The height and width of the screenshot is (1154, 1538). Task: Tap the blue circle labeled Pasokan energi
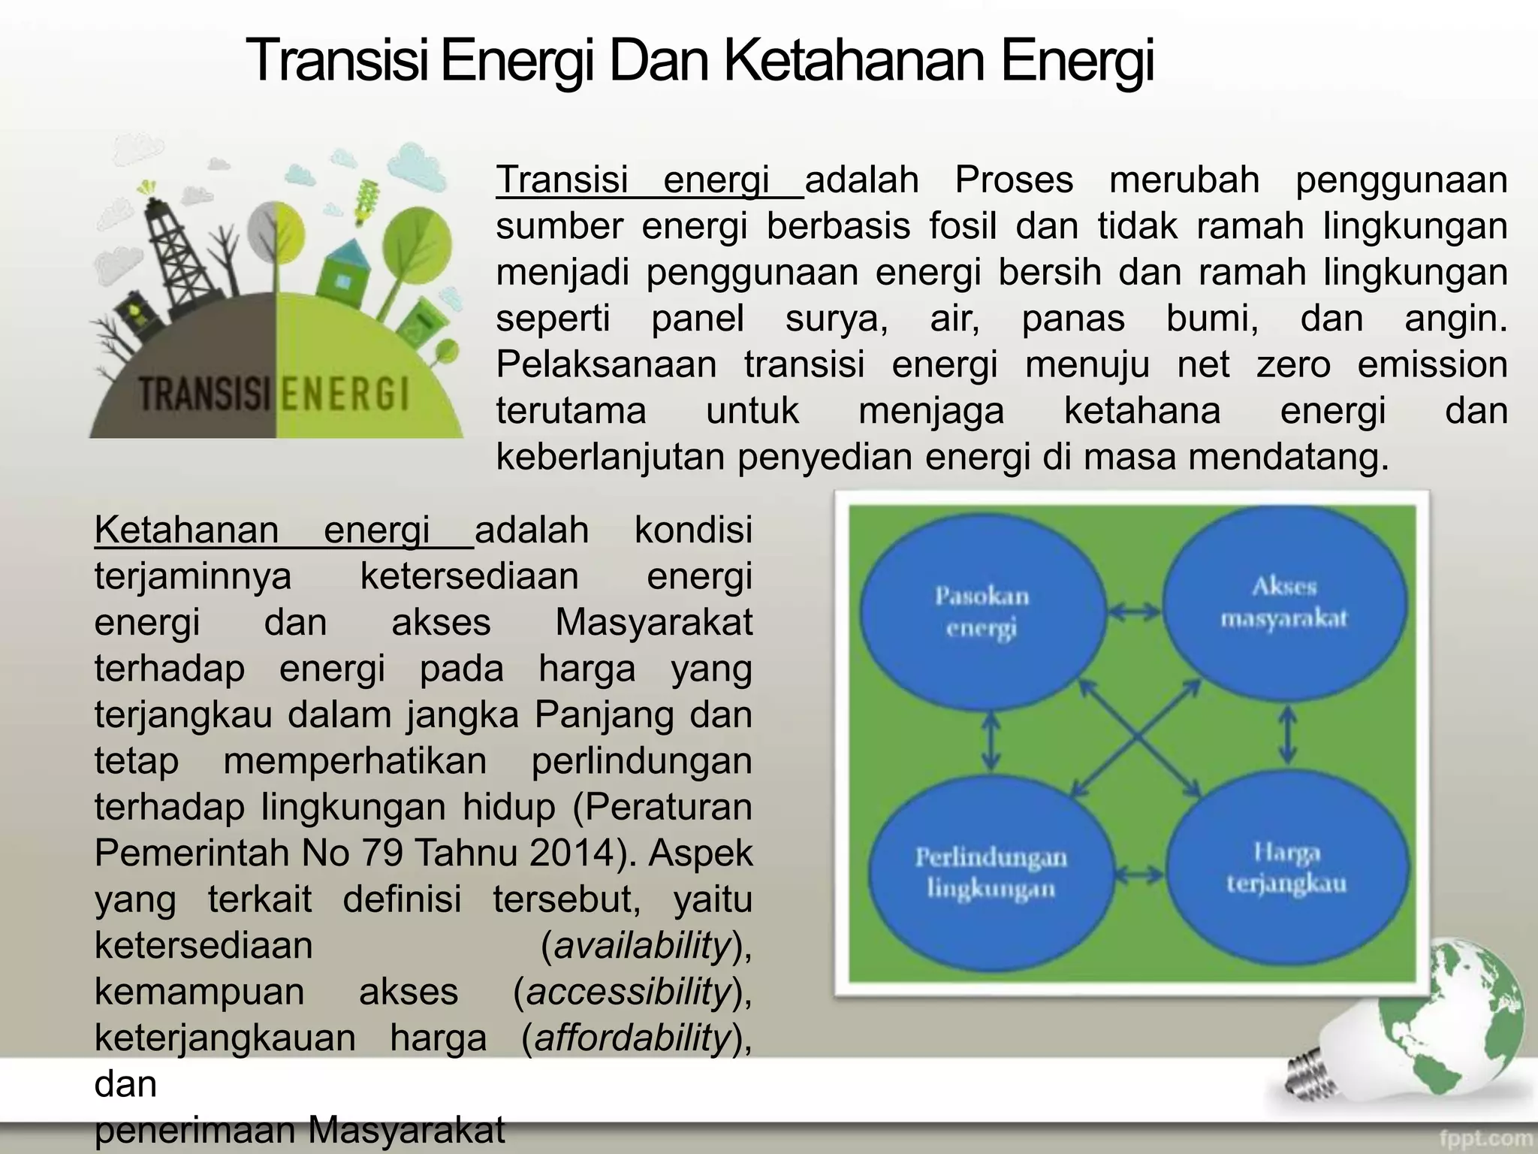pyautogui.click(x=982, y=612)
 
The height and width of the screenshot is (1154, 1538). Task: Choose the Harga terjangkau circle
pyautogui.click(x=1286, y=869)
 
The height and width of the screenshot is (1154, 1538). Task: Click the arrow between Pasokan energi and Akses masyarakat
pyautogui.click(x=1135, y=613)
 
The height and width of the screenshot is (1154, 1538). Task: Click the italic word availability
pyautogui.click(x=642, y=945)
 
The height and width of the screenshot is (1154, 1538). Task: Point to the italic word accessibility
pyautogui.click(x=629, y=992)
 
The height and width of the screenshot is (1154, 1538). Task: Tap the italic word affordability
pyautogui.click(x=632, y=1038)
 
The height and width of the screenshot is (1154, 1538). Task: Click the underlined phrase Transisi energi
pyautogui.click(x=649, y=180)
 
